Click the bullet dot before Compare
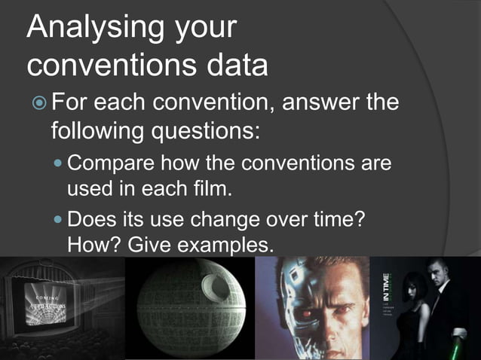click(60, 163)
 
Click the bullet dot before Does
click(60, 221)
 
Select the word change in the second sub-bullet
click(235, 221)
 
